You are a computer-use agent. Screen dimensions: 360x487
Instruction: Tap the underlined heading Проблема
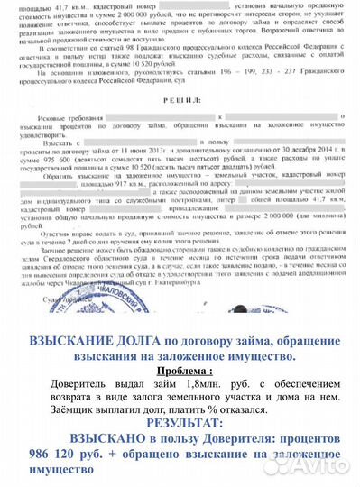(x=185, y=369)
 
